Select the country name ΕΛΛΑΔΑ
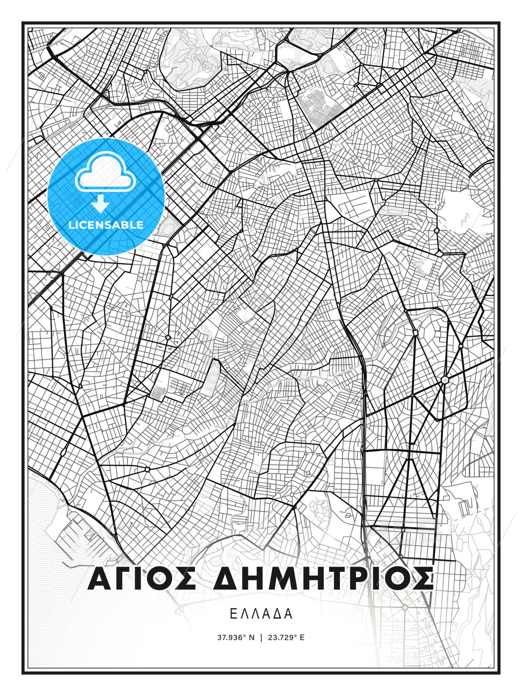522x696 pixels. click(x=261, y=614)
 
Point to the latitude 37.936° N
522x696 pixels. click(x=235, y=638)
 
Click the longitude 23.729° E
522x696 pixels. click(x=286, y=638)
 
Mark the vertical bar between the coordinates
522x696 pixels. click(x=261, y=638)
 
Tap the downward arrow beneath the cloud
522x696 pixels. click(x=100, y=204)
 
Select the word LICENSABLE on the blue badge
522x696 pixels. click(x=106, y=225)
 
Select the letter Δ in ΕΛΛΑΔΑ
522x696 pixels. click(x=277, y=614)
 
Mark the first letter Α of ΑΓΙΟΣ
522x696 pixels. click(x=100, y=579)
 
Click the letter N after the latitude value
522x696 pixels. click(x=251, y=638)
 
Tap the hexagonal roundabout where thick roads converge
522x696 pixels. click(x=444, y=380)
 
